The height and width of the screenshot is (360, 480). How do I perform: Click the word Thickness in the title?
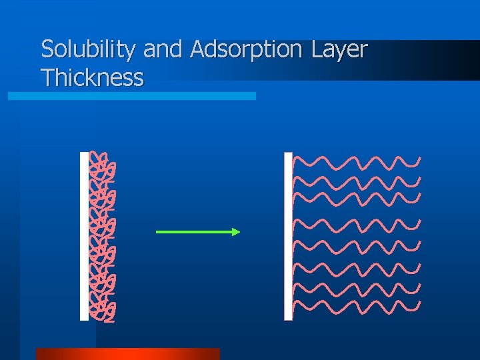click(x=92, y=78)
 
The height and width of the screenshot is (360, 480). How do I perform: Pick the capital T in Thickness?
click(x=47, y=78)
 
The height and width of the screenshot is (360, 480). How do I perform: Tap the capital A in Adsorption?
click(x=198, y=50)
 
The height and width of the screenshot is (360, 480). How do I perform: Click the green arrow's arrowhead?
click(x=235, y=232)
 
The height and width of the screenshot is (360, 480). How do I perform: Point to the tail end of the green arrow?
click(x=157, y=232)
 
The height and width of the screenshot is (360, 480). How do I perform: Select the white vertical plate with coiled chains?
click(x=84, y=236)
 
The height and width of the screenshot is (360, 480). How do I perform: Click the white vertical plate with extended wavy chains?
click(x=288, y=236)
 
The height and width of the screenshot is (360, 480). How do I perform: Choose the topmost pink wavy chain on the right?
click(x=356, y=162)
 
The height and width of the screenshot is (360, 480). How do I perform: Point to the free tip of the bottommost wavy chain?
click(x=419, y=304)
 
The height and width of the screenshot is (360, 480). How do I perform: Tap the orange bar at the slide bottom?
click(x=127, y=354)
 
